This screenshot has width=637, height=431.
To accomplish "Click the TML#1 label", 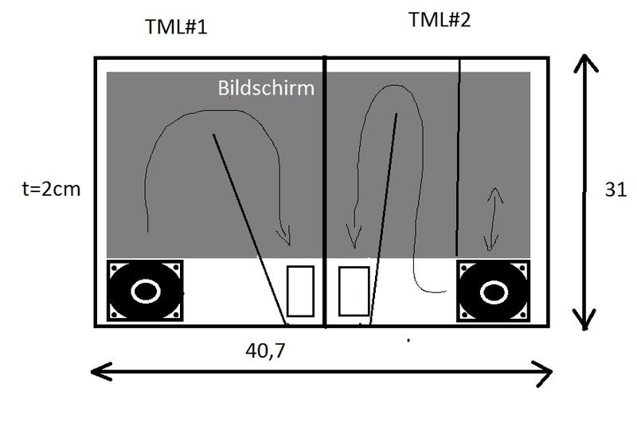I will tap(176, 26).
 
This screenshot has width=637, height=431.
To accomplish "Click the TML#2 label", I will tap(440, 20).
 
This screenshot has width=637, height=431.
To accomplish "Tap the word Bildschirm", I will tap(266, 88).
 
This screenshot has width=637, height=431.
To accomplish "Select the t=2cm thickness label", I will tap(49, 190).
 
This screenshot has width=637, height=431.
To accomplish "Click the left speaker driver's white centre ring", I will tap(145, 291).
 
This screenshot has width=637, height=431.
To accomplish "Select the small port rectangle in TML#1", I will tap(300, 291).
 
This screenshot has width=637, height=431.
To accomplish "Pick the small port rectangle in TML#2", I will tap(354, 291).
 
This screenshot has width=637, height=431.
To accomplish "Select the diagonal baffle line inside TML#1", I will tap(249, 231).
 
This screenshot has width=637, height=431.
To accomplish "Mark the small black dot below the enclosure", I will tap(408, 340).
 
